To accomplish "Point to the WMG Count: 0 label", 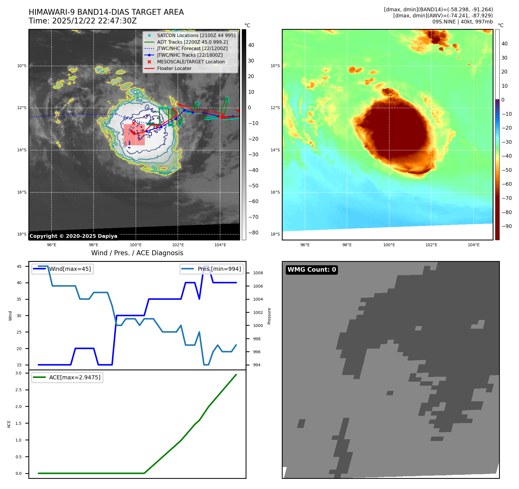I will click(312, 270).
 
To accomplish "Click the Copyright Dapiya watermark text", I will click(73, 236).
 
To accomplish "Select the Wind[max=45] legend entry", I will click(70, 269).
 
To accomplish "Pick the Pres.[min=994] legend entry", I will click(219, 269).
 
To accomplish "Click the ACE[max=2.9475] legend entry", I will click(75, 377).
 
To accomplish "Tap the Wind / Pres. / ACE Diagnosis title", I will click(137, 253).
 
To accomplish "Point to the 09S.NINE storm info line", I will click(462, 22).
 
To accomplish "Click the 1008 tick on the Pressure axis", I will click(258, 273).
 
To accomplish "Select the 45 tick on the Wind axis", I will click(19, 266).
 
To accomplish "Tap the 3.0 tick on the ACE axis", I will click(19, 373).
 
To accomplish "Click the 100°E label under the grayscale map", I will click(136, 245).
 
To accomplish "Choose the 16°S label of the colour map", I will click(275, 192).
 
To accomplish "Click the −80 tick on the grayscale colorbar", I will click(253, 233).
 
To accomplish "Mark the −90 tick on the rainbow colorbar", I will click(507, 226).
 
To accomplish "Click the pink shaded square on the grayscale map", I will click(134, 135).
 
